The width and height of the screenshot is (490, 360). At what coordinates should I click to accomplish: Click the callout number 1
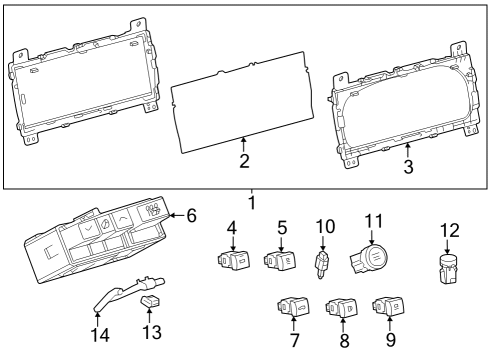(x=251, y=202)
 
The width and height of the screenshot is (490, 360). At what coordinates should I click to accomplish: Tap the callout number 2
(x=243, y=159)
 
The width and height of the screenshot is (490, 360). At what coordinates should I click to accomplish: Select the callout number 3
(x=407, y=167)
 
